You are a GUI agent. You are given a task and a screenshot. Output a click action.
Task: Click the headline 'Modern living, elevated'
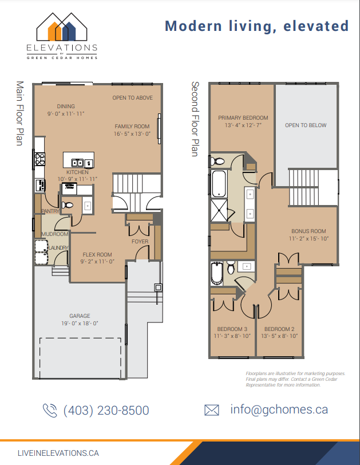(x=256, y=26)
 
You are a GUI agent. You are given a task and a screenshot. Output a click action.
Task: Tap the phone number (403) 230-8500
(x=106, y=411)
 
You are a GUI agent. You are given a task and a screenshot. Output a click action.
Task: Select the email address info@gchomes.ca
(x=279, y=409)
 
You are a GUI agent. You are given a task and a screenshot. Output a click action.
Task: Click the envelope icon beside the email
(x=212, y=410)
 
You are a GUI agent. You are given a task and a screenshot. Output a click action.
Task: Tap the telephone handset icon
(x=50, y=410)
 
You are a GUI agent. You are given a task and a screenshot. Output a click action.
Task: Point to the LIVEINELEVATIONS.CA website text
(x=58, y=452)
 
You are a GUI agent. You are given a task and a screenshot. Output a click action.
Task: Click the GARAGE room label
(x=80, y=316)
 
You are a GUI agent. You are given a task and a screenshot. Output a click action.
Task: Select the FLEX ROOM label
(x=97, y=254)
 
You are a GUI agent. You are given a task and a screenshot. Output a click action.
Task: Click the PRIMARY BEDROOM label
(x=243, y=118)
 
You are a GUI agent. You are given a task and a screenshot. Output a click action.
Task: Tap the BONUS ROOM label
(x=308, y=231)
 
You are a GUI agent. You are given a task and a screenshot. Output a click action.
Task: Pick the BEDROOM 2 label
(x=280, y=329)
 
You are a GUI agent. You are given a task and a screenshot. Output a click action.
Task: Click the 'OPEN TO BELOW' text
(x=306, y=125)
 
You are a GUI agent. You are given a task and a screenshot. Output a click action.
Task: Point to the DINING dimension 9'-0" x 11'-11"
(x=66, y=113)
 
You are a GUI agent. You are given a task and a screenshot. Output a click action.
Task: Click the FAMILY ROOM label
(x=132, y=127)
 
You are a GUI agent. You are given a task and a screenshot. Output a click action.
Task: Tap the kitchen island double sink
(x=77, y=163)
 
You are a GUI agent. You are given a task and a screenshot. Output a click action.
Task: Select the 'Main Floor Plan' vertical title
(x=19, y=112)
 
